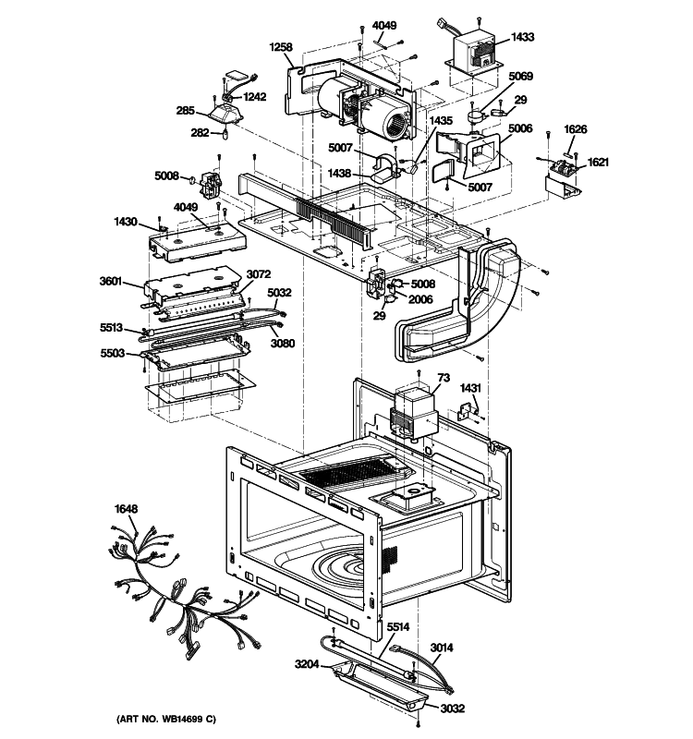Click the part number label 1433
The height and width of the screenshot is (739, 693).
click(522, 38)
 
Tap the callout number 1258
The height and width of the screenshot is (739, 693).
click(281, 46)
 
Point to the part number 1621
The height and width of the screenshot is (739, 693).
click(598, 162)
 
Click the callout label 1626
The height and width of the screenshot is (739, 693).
click(576, 129)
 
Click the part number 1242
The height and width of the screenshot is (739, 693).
click(254, 96)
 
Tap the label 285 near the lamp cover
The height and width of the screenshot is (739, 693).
click(186, 111)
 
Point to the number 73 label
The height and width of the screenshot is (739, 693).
click(443, 379)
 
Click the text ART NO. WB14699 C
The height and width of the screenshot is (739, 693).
click(167, 719)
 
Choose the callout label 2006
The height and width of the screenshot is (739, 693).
click(421, 299)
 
